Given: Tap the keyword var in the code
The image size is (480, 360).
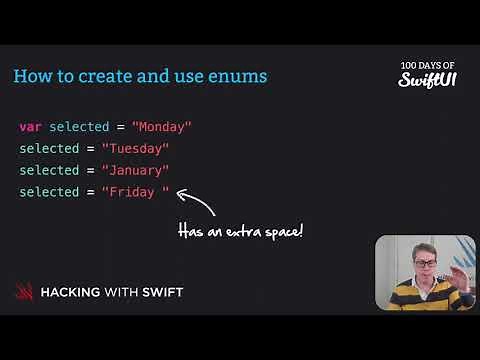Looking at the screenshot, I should (30, 127).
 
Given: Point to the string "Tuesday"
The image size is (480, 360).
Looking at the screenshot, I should (135, 149).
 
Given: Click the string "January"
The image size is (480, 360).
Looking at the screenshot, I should (135, 171).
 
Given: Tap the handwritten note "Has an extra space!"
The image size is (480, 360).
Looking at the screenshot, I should (240, 231).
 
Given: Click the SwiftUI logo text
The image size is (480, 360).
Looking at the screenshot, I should (428, 77).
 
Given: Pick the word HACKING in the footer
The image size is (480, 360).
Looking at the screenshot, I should (73, 292).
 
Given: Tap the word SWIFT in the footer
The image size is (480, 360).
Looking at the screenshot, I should (163, 292).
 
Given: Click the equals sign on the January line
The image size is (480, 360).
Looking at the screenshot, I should (90, 171).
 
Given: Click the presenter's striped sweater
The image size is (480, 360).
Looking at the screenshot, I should (420, 298).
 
